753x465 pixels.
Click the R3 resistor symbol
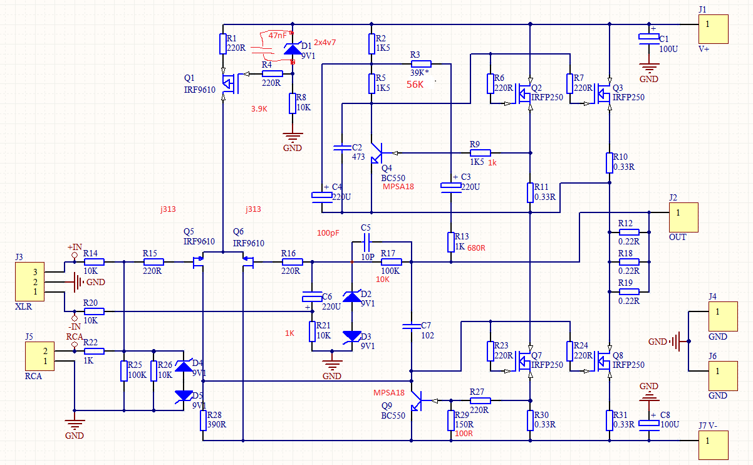tap(421, 64)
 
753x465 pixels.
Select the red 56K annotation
tap(415, 85)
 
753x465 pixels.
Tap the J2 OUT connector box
tap(683, 217)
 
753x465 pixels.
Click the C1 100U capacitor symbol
tap(649, 39)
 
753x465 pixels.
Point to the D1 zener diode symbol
tap(293, 49)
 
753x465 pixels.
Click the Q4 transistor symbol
tap(377, 153)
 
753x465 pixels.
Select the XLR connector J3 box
tap(29, 281)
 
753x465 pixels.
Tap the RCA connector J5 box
tap(39, 357)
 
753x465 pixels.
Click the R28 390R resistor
tap(203, 421)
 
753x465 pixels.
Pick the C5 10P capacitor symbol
tap(366, 242)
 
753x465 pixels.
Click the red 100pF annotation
tap(328, 232)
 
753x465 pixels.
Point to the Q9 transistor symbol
tap(417, 400)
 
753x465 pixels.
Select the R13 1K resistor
tap(451, 242)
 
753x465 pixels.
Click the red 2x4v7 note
tap(325, 43)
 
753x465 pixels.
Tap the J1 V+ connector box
tap(714, 29)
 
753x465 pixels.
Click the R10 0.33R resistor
tap(609, 163)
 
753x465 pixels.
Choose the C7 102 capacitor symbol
tap(412, 326)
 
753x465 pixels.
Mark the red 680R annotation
tap(476, 248)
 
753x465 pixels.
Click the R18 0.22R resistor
tap(629, 262)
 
